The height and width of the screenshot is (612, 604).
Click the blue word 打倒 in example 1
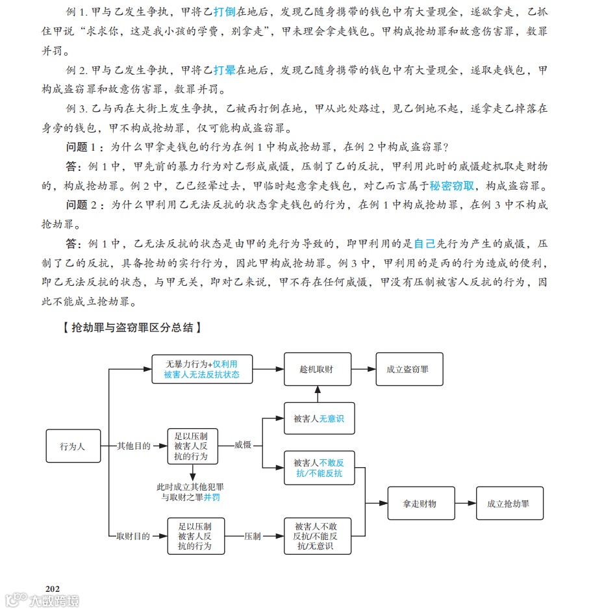pos(224,10)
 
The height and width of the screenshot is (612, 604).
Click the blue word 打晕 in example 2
pos(224,70)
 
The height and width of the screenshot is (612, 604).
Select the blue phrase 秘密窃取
pos(451,186)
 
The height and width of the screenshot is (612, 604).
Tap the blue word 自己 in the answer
pos(425,244)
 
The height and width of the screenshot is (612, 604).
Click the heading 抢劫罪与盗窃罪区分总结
pos(132,328)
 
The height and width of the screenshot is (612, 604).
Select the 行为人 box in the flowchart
pos(73,446)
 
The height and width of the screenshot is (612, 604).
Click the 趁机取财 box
pos(317,369)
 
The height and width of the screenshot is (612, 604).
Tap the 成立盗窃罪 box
pos(407,369)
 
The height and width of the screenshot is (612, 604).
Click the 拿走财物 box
pos(420,504)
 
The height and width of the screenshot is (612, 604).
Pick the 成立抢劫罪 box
pos(510,504)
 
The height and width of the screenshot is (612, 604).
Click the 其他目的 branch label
pos(133,446)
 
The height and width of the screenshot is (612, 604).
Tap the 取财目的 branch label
pos(133,537)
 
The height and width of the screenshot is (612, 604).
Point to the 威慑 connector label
pos(243,446)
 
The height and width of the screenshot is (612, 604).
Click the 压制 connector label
pos(252,537)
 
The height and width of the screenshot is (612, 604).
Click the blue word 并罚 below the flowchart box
pos(212,498)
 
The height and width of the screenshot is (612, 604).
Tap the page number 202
pos(53,589)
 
